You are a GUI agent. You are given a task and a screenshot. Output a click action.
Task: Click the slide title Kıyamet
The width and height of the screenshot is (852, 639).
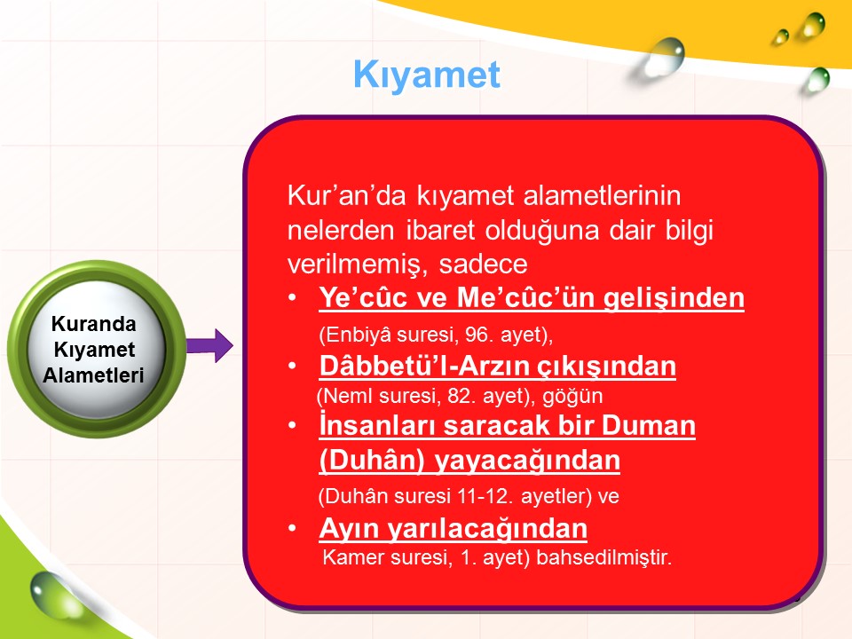pos(427,75)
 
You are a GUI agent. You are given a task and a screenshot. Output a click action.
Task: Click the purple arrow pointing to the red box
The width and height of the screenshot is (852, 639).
pos(209,345)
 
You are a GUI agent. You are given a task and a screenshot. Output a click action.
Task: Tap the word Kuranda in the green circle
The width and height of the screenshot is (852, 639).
pos(93,324)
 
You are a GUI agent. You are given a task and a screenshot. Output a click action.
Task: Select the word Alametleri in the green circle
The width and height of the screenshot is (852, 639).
pos(93,375)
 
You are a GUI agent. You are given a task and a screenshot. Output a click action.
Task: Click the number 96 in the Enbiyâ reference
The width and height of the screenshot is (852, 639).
pos(477,335)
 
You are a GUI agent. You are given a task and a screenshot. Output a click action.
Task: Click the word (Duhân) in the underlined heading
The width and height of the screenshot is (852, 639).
pos(372,461)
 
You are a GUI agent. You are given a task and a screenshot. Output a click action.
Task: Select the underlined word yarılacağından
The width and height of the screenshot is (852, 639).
pos(487,529)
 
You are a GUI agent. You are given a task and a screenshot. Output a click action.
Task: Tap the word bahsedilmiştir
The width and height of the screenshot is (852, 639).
pos(603,557)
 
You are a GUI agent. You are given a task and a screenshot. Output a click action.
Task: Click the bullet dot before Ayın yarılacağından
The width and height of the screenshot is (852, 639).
pos(292,528)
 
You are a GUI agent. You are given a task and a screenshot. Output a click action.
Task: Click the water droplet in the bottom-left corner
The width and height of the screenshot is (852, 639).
pos(51,594)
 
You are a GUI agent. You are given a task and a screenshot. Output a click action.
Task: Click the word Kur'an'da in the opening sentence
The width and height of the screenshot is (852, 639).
pos(347,195)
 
